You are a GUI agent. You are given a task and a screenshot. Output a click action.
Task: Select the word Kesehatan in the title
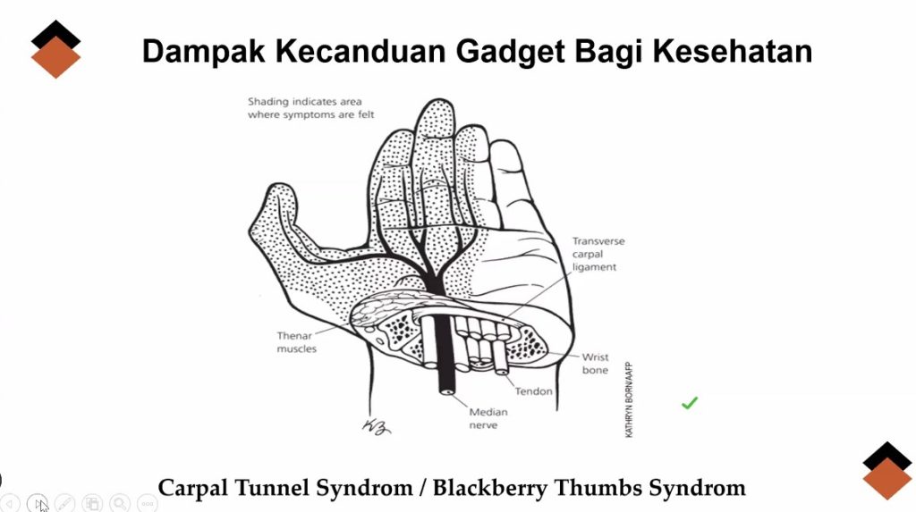click(732, 51)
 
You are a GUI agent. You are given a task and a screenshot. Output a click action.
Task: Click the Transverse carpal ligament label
click(598, 254)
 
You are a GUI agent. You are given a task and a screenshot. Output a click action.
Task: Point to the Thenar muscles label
click(297, 342)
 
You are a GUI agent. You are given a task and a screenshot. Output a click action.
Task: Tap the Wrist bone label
click(595, 363)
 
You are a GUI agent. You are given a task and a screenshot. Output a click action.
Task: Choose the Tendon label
click(533, 391)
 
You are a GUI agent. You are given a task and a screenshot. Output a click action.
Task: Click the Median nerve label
click(488, 418)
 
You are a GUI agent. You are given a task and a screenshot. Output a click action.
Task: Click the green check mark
click(690, 403)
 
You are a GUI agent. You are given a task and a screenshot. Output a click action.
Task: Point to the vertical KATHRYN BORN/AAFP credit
click(629, 400)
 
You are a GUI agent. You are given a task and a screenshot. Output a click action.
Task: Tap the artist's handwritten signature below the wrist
click(377, 427)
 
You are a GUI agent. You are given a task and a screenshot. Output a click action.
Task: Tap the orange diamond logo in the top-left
click(55, 57)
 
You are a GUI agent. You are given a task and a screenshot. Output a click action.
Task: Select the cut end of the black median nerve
click(447, 390)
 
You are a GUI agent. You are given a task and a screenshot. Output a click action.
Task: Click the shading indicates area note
click(310, 108)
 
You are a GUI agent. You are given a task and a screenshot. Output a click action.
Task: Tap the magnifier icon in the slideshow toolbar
click(120, 503)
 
